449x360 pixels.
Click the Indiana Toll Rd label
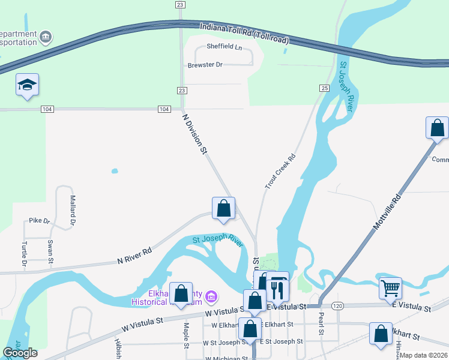point(244,34)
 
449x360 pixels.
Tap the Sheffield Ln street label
point(224,46)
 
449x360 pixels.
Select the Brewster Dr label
point(205,65)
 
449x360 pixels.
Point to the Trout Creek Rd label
point(281,173)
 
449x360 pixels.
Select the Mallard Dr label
point(72,210)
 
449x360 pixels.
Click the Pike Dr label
point(40,221)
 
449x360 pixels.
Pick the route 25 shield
point(324,88)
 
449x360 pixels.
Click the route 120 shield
point(338,306)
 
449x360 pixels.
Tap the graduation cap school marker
point(27,85)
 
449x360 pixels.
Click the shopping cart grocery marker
point(390,289)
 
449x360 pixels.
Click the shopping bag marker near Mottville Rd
point(437,128)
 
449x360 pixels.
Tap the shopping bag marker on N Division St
point(224,209)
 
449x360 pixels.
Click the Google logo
point(20,353)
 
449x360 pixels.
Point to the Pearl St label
point(322,323)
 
